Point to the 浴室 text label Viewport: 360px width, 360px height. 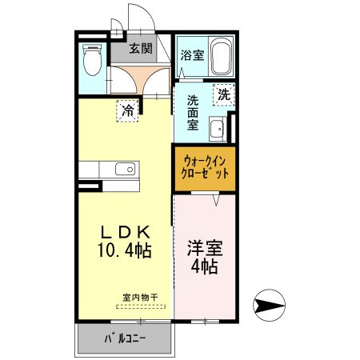(x=191, y=55)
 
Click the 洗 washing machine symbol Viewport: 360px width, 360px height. (x=224, y=94)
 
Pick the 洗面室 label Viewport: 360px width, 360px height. (x=193, y=114)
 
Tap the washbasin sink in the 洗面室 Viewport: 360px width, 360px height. (x=217, y=128)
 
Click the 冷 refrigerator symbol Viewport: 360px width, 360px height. (x=127, y=110)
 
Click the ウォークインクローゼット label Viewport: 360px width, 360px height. (x=204, y=166)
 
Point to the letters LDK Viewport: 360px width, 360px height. (x=124, y=232)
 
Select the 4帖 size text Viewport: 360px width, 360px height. (x=204, y=266)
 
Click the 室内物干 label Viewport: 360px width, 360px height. (x=140, y=297)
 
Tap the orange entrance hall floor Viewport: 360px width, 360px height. (x=141, y=78)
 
